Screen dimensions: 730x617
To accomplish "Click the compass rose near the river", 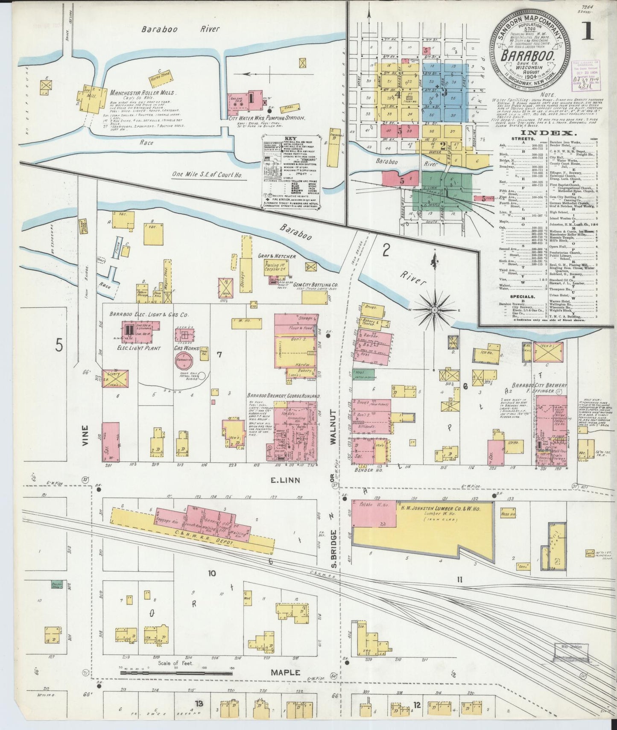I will (x=434, y=309).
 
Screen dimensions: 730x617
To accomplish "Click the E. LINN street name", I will (x=285, y=480).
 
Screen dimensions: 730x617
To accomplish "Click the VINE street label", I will (x=85, y=435).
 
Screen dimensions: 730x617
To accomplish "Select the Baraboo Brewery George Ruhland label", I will (x=283, y=396).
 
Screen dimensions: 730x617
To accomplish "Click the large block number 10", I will (x=212, y=573).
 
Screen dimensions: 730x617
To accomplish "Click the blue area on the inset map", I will (x=444, y=90).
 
